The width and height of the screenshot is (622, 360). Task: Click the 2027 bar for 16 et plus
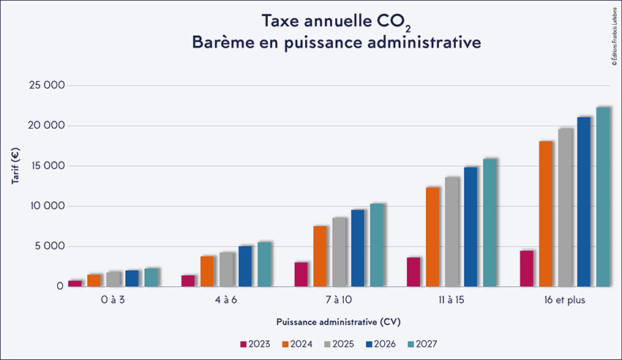coord(603,197)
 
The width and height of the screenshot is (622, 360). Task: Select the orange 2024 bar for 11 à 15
coord(433,237)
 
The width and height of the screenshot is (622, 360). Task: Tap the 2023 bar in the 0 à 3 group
coord(75,283)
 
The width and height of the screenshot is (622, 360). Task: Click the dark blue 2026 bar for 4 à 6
coord(245,266)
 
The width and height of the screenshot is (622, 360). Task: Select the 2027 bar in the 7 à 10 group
coord(377,245)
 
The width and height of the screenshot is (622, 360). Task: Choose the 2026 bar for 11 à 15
coord(471,227)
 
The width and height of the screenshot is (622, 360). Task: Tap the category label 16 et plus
coord(564,301)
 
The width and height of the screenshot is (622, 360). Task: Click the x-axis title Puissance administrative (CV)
coord(338,322)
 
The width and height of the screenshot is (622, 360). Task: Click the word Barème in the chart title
coord(222,43)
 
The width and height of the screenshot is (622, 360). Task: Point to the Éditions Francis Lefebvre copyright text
coord(613,37)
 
